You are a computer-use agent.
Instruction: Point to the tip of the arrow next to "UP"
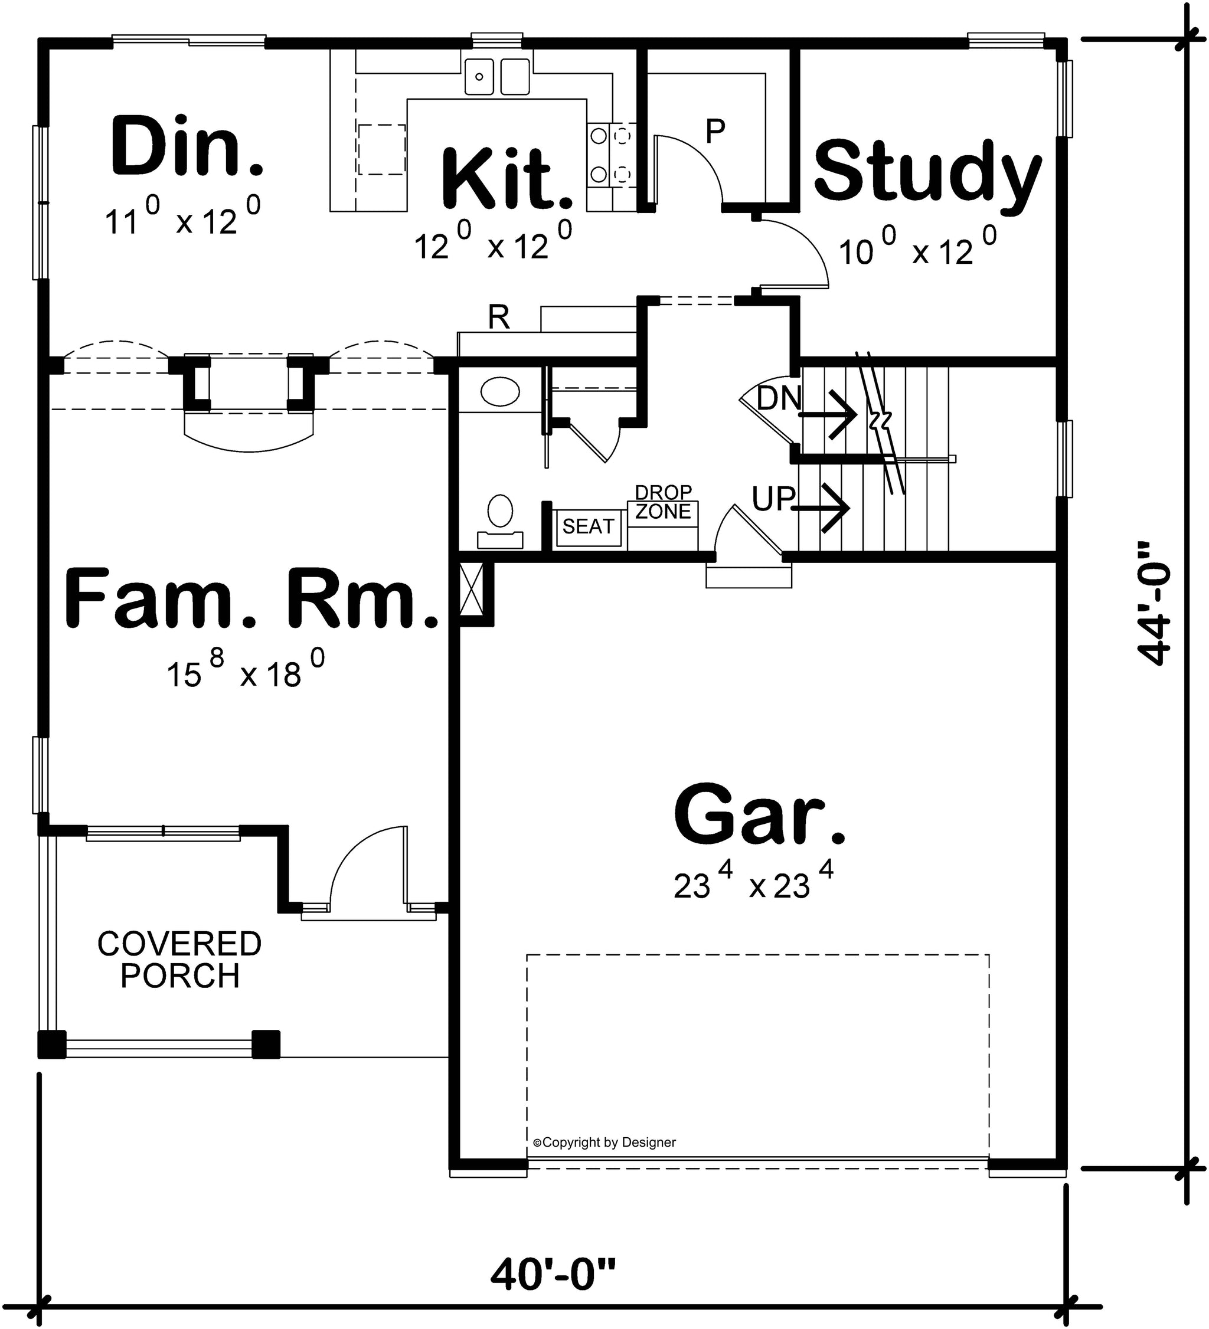coord(849,508)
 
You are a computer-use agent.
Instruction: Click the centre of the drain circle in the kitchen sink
coord(480,77)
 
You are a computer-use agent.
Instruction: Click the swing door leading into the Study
coord(792,254)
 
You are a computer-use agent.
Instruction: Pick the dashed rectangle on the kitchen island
coord(382,150)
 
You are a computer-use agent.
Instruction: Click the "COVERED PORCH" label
coord(179,959)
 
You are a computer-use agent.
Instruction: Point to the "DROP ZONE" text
coord(663,502)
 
